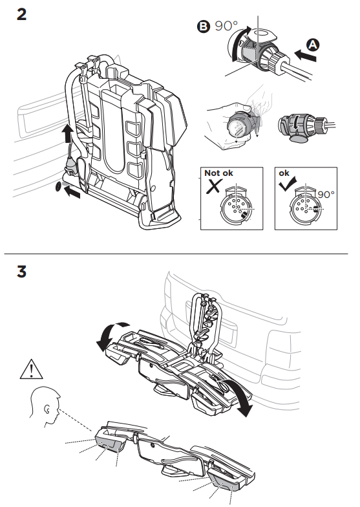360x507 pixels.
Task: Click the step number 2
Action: pyautogui.click(x=21, y=14)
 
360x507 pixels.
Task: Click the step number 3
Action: pyautogui.click(x=22, y=272)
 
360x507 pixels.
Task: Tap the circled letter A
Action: pyautogui.click(x=313, y=45)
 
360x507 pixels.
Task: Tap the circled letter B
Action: pyautogui.click(x=203, y=26)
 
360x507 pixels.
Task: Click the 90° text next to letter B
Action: pyautogui.click(x=226, y=26)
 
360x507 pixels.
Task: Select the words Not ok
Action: pyautogui.click(x=218, y=173)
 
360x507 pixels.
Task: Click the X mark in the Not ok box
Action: pyautogui.click(x=213, y=186)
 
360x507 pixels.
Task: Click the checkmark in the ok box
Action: pyautogui.click(x=287, y=185)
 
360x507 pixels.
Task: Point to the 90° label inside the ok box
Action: pyautogui.click(x=326, y=194)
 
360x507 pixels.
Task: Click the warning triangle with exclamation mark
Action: pyautogui.click(x=31, y=369)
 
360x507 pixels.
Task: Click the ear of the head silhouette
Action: pyautogui.click(x=48, y=410)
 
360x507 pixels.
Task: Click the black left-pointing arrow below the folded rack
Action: pyautogui.click(x=72, y=193)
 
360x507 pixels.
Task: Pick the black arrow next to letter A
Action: pyautogui.click(x=306, y=56)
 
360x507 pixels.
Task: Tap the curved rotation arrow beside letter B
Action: pyautogui.click(x=239, y=41)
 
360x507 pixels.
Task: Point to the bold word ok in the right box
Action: pyautogui.click(x=284, y=173)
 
